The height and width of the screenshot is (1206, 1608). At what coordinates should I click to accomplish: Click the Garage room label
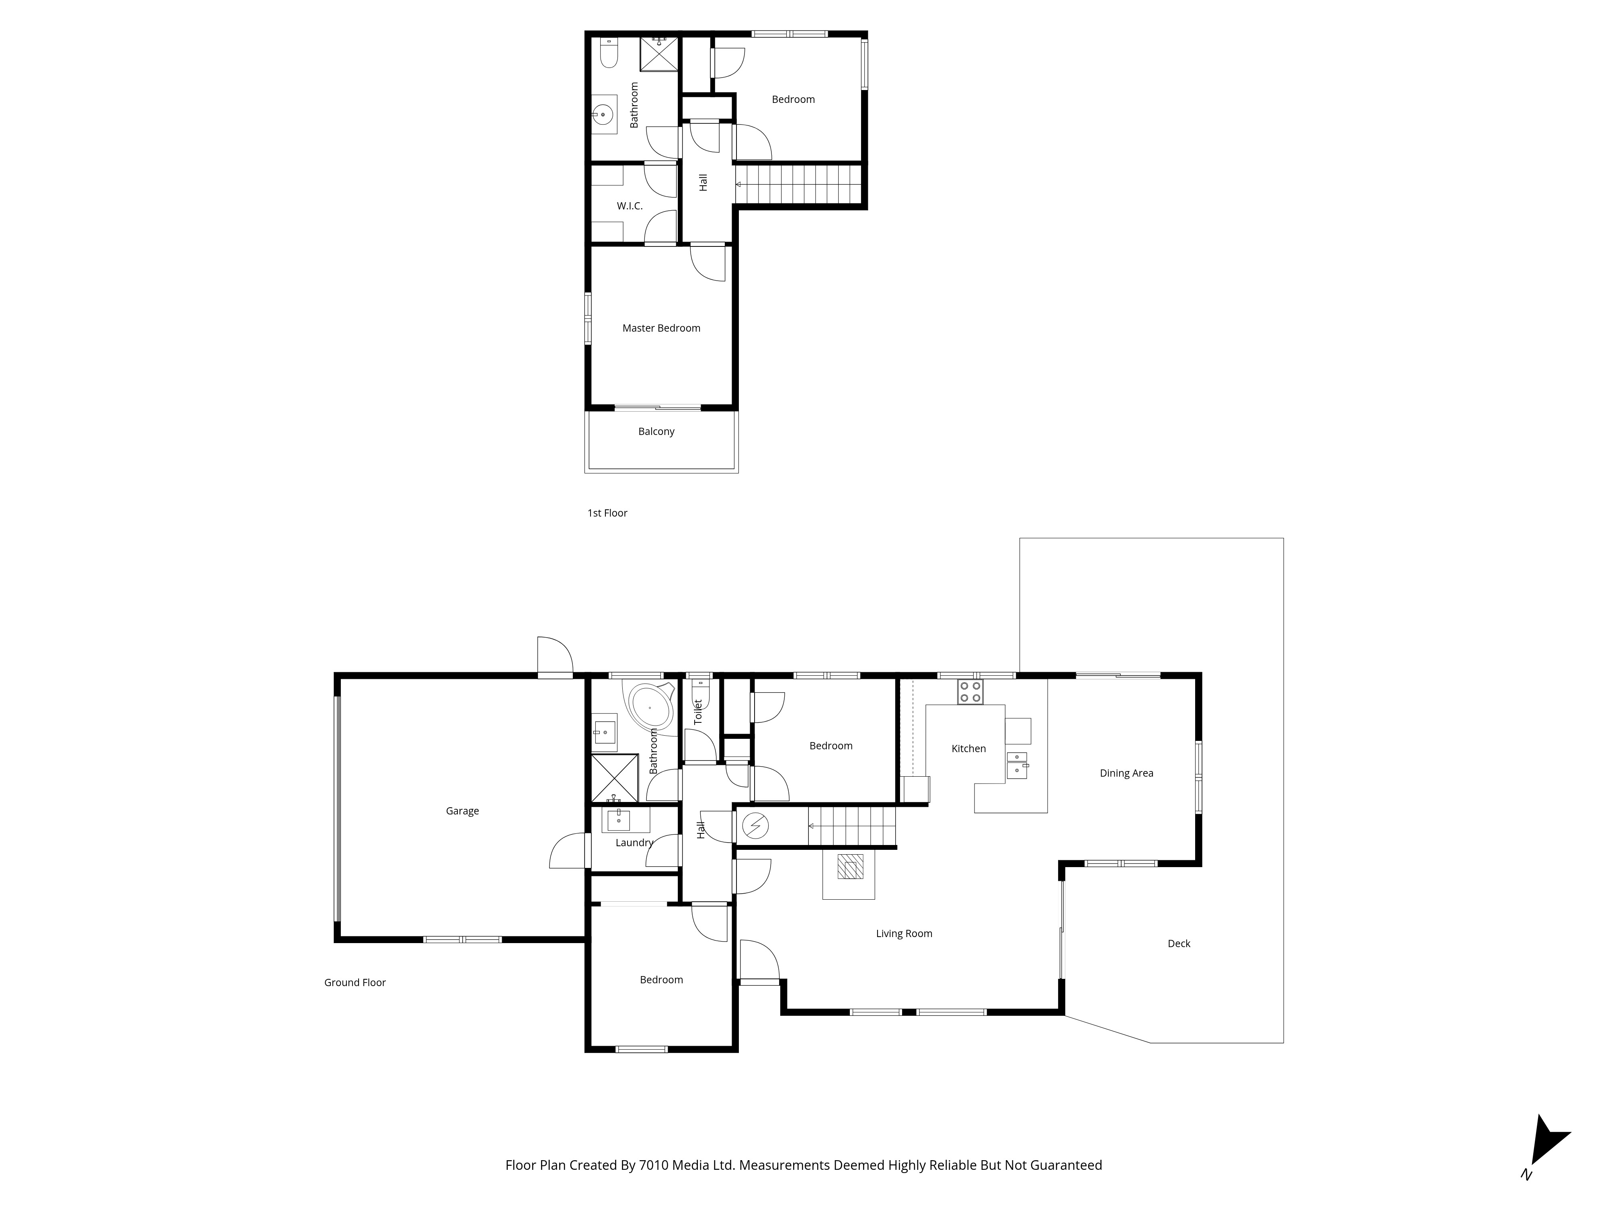point(462,811)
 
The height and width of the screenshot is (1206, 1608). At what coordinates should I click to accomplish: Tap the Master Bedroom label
point(662,328)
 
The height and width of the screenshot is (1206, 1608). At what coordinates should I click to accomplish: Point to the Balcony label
point(656,432)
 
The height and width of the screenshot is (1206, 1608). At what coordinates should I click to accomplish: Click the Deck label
point(1179,943)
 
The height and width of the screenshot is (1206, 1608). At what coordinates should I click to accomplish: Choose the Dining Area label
point(1127,773)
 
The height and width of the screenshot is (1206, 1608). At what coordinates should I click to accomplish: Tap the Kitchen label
point(969,749)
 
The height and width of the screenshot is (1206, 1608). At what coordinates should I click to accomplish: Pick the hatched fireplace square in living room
point(850,867)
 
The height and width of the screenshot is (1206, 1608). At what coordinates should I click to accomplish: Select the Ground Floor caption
point(355,983)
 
